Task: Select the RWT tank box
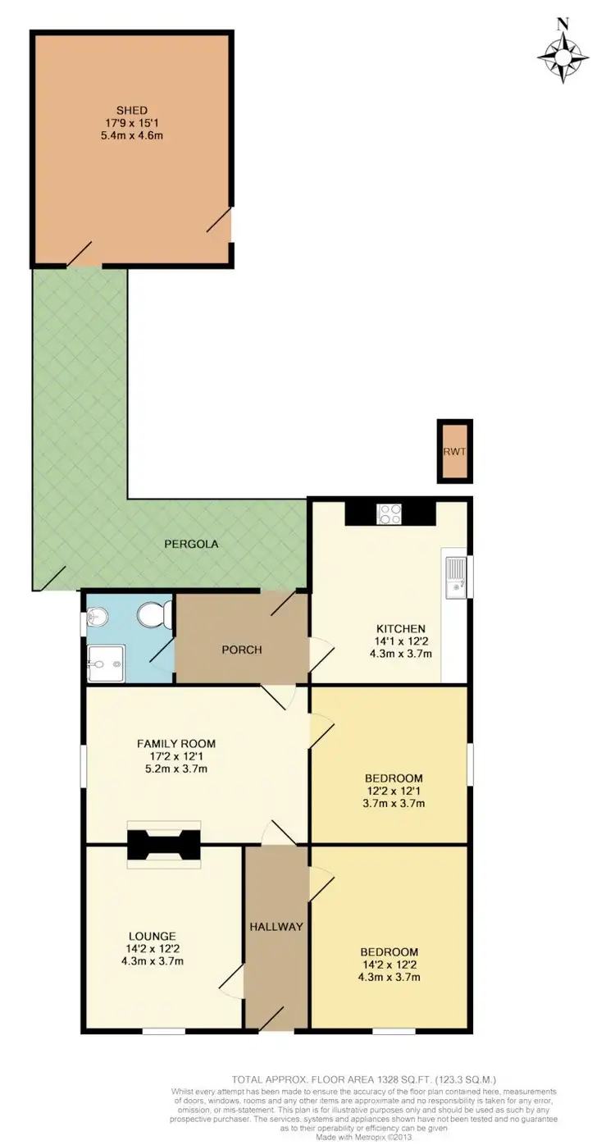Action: pyautogui.click(x=454, y=450)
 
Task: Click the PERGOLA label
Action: pyautogui.click(x=190, y=544)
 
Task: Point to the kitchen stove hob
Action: pyautogui.click(x=389, y=513)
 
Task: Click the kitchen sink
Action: pyautogui.click(x=455, y=574)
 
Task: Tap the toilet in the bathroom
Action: pyautogui.click(x=153, y=614)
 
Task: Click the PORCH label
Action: pyautogui.click(x=242, y=650)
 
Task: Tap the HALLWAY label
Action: pyautogui.click(x=276, y=927)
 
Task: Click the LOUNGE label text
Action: pyautogui.click(x=152, y=935)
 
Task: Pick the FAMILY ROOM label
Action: pyautogui.click(x=175, y=743)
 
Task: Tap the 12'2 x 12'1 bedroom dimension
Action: pyautogui.click(x=394, y=791)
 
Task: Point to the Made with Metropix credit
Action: pyautogui.click(x=364, y=1138)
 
